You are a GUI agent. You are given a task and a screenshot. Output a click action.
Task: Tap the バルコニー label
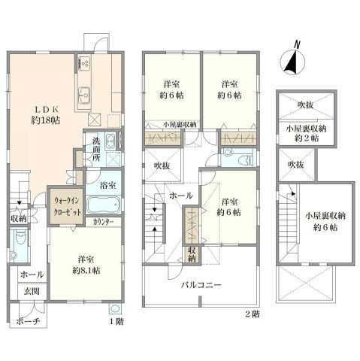[x=198, y=286]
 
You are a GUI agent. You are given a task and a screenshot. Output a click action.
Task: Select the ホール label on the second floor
[x=181, y=196]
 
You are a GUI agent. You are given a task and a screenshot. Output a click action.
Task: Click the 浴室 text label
[x=107, y=184]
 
